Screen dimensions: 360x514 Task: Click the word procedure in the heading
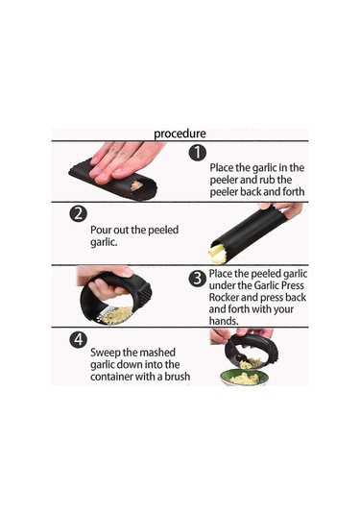[x=180, y=134]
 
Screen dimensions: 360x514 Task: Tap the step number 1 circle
[x=197, y=153]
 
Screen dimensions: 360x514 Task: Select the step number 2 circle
[x=79, y=214]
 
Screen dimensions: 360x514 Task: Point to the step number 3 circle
[x=198, y=279]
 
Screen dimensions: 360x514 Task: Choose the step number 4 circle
[x=79, y=339]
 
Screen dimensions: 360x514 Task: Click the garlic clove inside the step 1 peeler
[x=136, y=185]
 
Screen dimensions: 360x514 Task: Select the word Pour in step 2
[x=100, y=230]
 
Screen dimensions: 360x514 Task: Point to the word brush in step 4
[x=177, y=376]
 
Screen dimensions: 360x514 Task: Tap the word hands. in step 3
[x=224, y=321]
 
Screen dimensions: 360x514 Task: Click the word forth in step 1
[x=294, y=191]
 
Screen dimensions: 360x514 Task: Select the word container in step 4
[x=111, y=377]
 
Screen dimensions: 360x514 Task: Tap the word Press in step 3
[x=291, y=285]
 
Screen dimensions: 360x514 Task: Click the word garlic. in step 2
[x=104, y=243]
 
